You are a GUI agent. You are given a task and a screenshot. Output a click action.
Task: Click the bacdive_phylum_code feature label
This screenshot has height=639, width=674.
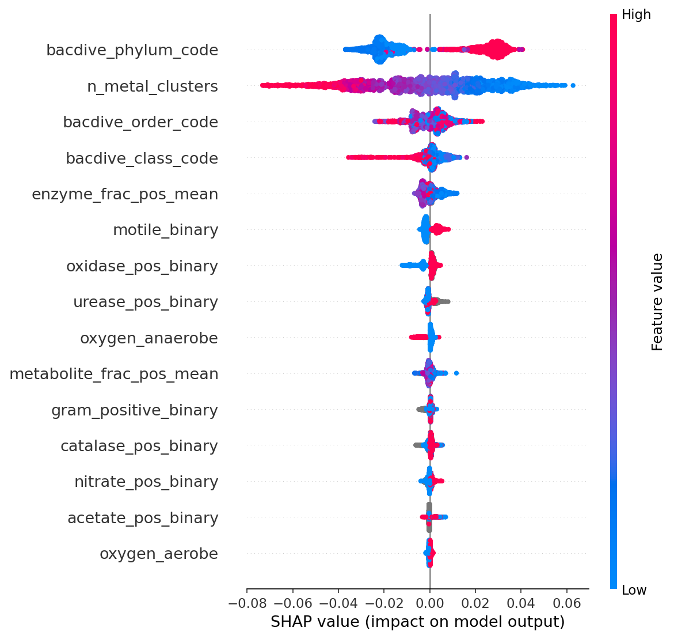point(132,50)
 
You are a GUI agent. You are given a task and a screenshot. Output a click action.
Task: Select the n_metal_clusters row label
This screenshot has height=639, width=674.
point(153,86)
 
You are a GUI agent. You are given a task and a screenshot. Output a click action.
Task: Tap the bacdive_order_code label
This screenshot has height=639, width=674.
point(140,122)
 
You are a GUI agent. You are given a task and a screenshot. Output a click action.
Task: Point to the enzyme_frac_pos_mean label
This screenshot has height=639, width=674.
point(125,194)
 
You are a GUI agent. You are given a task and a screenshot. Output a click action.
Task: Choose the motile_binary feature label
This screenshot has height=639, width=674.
point(166,230)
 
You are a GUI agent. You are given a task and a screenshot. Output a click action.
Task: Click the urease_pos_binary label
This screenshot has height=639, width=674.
point(146,302)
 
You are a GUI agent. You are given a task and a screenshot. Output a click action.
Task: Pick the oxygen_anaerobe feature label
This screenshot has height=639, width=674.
point(149,338)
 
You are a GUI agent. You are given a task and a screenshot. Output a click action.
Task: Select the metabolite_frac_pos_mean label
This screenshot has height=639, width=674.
point(114,374)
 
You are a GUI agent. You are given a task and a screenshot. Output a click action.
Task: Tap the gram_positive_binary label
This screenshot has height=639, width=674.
point(135,410)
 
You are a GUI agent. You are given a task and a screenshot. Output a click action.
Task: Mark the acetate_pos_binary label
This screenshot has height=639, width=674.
point(143,518)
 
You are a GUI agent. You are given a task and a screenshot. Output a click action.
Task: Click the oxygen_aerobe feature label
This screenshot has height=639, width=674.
point(159,554)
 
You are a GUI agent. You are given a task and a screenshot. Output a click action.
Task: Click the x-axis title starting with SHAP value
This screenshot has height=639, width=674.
point(417,622)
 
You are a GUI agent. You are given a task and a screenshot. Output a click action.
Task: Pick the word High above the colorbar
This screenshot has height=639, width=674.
point(636,15)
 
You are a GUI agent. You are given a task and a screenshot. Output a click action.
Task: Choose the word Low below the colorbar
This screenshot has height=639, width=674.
point(634,590)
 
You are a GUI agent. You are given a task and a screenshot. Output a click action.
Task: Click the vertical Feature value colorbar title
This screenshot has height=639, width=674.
point(657,301)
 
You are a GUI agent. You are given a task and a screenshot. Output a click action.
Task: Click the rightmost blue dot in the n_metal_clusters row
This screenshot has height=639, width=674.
point(573,86)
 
